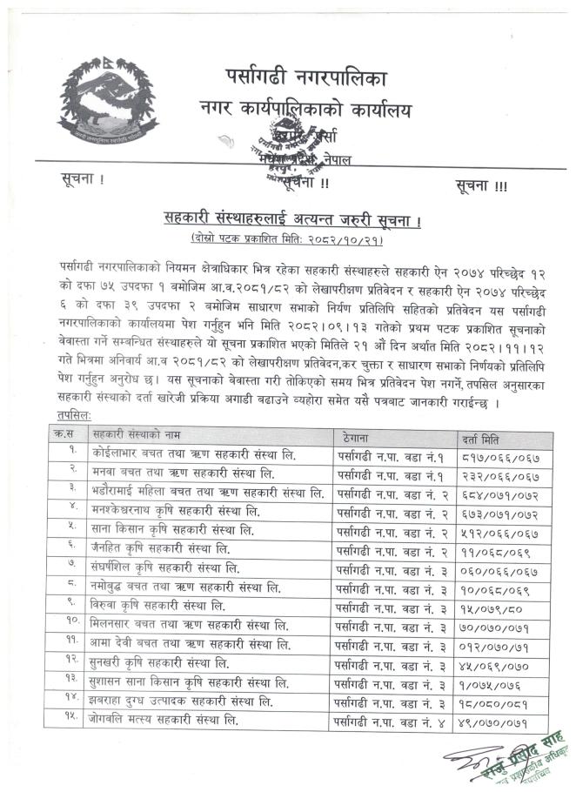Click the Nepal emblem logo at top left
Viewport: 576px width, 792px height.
[104, 103]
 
